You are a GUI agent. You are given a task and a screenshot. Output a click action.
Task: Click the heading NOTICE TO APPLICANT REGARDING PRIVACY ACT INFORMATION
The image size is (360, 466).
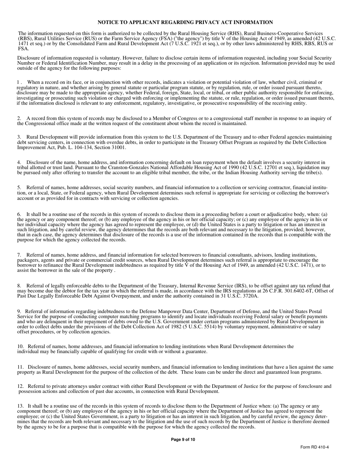(x=185, y=23)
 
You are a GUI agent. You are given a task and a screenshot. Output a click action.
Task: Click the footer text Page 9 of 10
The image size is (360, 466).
(x=183, y=440)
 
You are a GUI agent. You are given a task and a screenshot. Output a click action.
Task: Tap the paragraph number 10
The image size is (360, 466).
(x=20, y=346)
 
